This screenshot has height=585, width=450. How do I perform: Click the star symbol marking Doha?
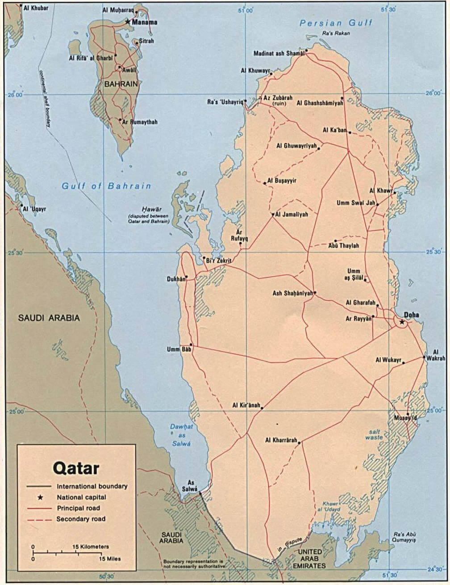pos(402,321)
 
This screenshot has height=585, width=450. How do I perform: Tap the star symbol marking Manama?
pos(128,21)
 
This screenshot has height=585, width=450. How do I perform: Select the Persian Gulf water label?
pos(336,23)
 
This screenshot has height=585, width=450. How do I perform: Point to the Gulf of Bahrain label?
pos(106,186)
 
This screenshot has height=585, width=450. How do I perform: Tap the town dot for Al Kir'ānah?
pos(262,408)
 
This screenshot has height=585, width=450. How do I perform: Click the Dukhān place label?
pos(175,279)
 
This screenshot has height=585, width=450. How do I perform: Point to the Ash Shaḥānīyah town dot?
pos(315,293)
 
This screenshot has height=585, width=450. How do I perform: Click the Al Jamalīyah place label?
pos(292,215)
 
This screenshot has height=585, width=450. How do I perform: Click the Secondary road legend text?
pos(81,519)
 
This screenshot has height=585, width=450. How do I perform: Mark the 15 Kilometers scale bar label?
pos(91,547)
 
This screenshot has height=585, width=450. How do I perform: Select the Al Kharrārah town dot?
pos(299,442)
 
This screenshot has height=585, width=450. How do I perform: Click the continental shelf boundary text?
pos(45,98)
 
